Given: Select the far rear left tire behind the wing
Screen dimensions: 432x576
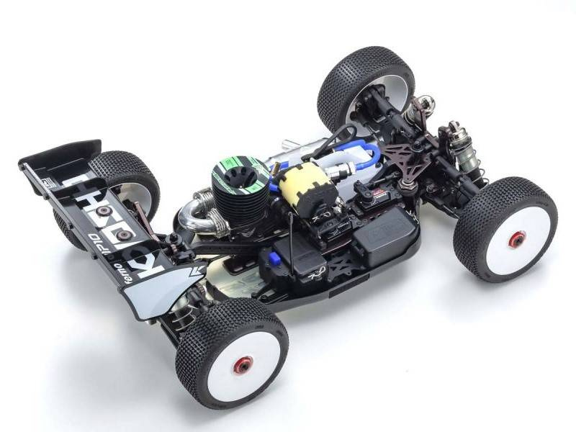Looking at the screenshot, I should point(122,176).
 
